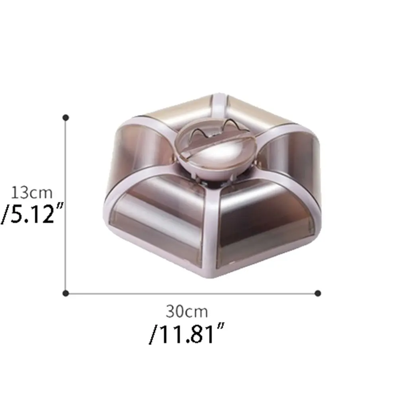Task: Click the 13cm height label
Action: [x=32, y=193]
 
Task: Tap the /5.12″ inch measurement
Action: [x=31, y=213]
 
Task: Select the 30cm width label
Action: [x=187, y=312]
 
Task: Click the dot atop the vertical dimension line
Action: [x=66, y=117]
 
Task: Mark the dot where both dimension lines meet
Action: [x=66, y=293]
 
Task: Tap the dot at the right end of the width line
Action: [x=318, y=293]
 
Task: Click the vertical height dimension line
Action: [x=66, y=206]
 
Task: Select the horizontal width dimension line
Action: [x=192, y=293]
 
